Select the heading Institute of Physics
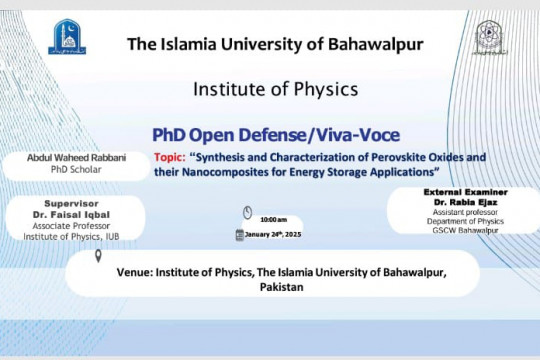click(270, 89)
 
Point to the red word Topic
click(174, 157)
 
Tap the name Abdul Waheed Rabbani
click(79, 157)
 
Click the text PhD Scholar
click(79, 169)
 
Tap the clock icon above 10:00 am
click(247, 212)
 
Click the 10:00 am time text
click(273, 217)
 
